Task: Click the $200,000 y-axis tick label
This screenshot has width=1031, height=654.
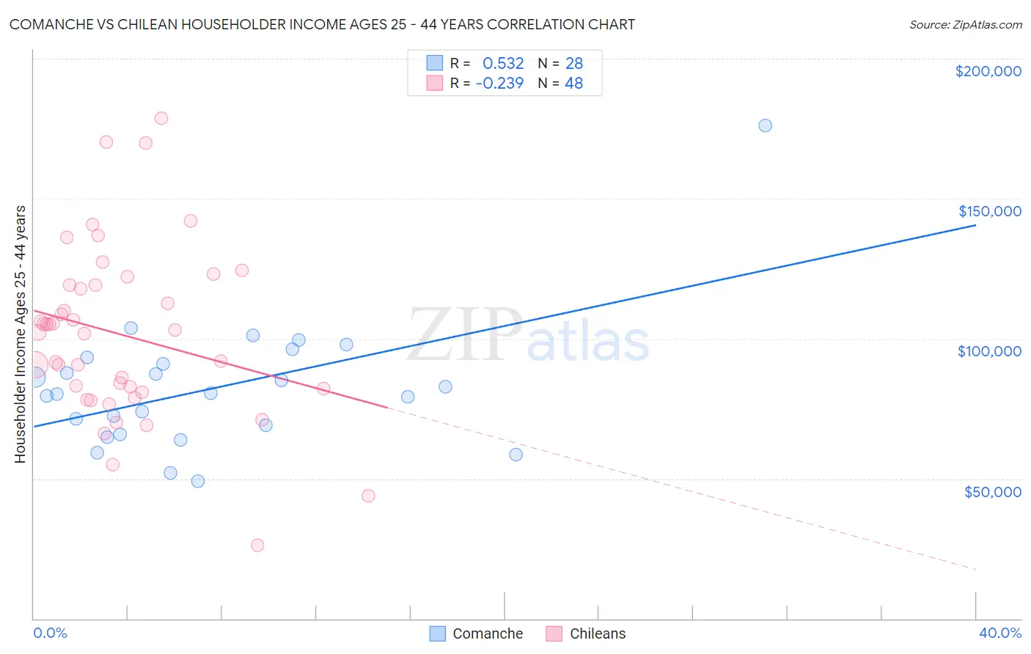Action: pos(988,71)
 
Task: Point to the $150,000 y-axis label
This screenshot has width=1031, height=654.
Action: pos(989,211)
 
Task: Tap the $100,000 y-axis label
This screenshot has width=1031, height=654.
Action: pos(989,351)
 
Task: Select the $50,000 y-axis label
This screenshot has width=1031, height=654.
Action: pos(992,491)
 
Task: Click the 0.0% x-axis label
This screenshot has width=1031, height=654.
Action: pos(50,633)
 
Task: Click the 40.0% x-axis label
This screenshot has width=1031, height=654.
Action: pos(999,633)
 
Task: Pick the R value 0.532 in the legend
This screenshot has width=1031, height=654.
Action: pos(503,64)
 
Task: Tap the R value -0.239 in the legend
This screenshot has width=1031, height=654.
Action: pos(499,83)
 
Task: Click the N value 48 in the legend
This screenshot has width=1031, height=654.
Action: pos(573,83)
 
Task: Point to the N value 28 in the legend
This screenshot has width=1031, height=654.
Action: pos(573,64)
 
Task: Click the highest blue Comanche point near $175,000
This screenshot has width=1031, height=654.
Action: pos(765,125)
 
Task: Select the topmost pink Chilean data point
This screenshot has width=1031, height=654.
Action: pos(161,118)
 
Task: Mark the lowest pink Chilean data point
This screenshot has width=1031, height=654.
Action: pos(257,545)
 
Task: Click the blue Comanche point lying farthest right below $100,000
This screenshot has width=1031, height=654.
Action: pos(515,455)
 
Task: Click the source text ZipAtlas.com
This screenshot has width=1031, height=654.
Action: pos(965,25)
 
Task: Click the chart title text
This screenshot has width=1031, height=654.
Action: pos(322,24)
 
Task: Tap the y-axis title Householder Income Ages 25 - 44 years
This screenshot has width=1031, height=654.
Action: pos(20,334)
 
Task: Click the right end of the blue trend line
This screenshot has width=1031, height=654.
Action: pos(975,225)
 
